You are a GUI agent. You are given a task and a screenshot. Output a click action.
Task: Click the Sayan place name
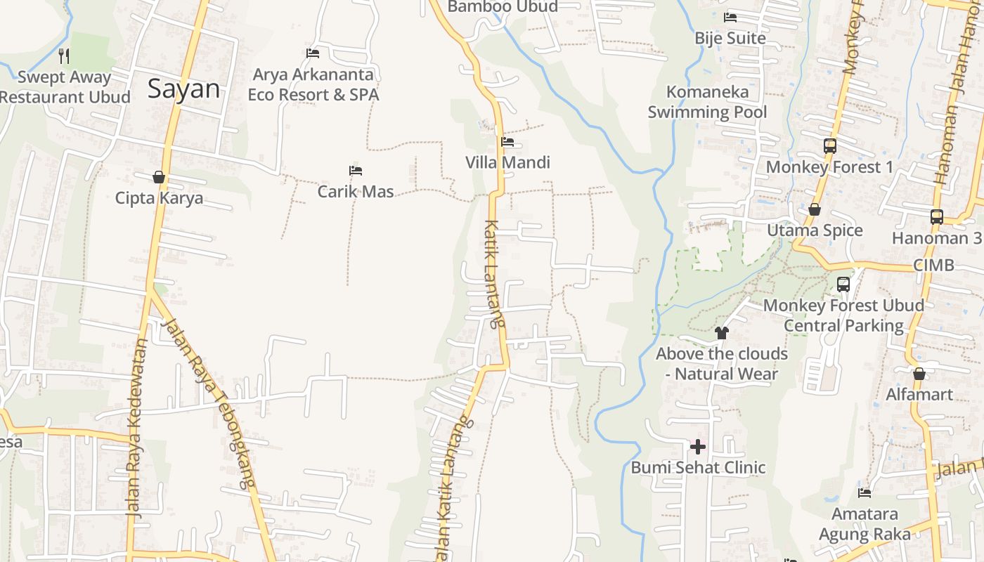click(183, 89)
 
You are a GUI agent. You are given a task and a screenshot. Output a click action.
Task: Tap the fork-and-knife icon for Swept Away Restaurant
click(64, 55)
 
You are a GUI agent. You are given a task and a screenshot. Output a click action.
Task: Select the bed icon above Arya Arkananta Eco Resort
click(313, 53)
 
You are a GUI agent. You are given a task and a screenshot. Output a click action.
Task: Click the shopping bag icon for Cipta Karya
click(159, 177)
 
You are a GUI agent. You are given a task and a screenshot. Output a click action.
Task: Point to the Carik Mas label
click(356, 191)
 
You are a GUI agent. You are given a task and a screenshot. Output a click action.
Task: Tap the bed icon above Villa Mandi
click(507, 142)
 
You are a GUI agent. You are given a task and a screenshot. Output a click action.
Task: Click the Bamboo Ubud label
click(503, 7)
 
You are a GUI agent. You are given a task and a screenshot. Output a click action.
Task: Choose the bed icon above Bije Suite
click(730, 17)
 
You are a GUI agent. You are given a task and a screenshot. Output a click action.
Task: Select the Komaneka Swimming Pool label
click(707, 102)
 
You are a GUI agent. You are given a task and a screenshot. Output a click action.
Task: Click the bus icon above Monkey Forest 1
click(830, 146)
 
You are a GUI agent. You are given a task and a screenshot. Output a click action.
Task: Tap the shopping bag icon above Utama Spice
click(815, 209)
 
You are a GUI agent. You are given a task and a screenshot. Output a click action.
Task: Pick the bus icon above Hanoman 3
click(937, 217)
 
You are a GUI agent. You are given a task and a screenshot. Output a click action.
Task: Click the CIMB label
click(933, 266)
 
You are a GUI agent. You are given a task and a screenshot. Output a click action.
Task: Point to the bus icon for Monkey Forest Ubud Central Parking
click(843, 285)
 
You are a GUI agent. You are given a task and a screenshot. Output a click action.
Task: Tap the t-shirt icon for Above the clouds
click(722, 333)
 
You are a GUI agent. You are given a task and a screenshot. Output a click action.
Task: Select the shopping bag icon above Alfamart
click(919, 374)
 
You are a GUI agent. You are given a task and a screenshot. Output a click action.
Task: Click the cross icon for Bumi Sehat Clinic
click(698, 447)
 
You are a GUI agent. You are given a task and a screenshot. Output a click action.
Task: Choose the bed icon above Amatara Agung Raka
click(865, 493)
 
